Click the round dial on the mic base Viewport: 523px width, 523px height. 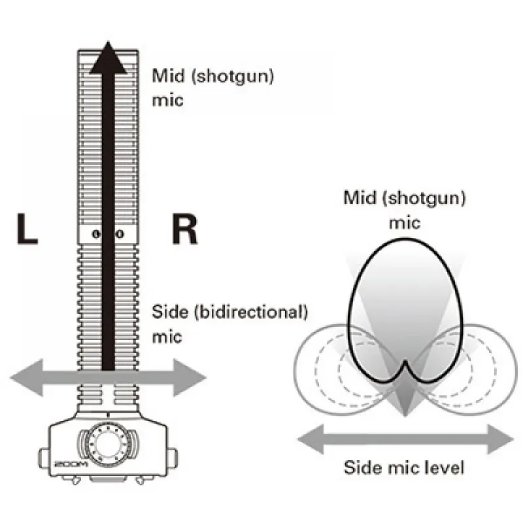[x=109, y=443]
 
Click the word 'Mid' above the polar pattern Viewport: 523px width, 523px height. [x=358, y=197]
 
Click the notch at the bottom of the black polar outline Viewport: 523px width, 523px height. [x=405, y=362]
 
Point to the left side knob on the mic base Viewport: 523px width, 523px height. [x=44, y=454]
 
